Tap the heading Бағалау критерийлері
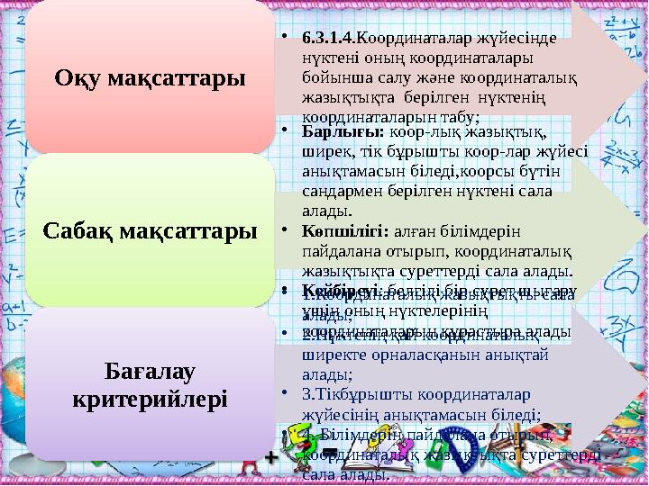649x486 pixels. point(150,383)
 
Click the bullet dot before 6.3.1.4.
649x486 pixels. point(283,39)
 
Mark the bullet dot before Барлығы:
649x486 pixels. point(283,133)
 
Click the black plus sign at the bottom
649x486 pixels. point(270,458)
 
